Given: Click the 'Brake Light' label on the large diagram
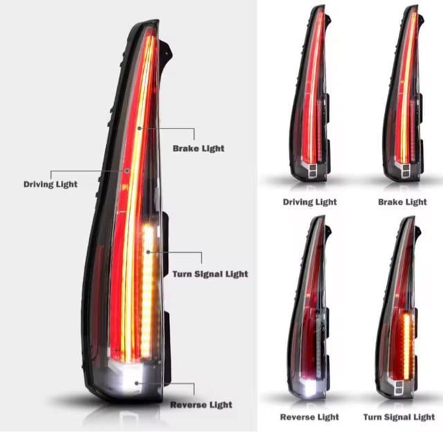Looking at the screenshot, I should [198, 149].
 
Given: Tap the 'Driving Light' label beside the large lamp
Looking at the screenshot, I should [51, 185].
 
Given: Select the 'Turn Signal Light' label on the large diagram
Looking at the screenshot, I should [210, 274].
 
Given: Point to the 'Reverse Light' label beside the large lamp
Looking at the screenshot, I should [201, 404].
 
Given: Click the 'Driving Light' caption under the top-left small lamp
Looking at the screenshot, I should [309, 202].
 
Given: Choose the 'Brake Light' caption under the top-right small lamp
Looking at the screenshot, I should [402, 202].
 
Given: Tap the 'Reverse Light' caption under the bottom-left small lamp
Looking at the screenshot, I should [309, 417].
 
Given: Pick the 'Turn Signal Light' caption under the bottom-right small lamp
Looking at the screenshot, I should [399, 417].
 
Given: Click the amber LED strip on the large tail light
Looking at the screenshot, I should [147, 283].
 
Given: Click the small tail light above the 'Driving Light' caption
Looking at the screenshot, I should [310, 97].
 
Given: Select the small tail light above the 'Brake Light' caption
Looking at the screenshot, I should [403, 97].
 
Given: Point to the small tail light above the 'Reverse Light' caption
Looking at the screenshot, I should [310, 311].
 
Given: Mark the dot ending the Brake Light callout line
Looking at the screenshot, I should [139, 129].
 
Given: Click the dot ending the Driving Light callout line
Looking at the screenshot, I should [127, 170].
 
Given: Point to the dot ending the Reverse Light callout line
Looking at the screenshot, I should [138, 382].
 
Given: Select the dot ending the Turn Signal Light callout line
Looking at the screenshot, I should [147, 252].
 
